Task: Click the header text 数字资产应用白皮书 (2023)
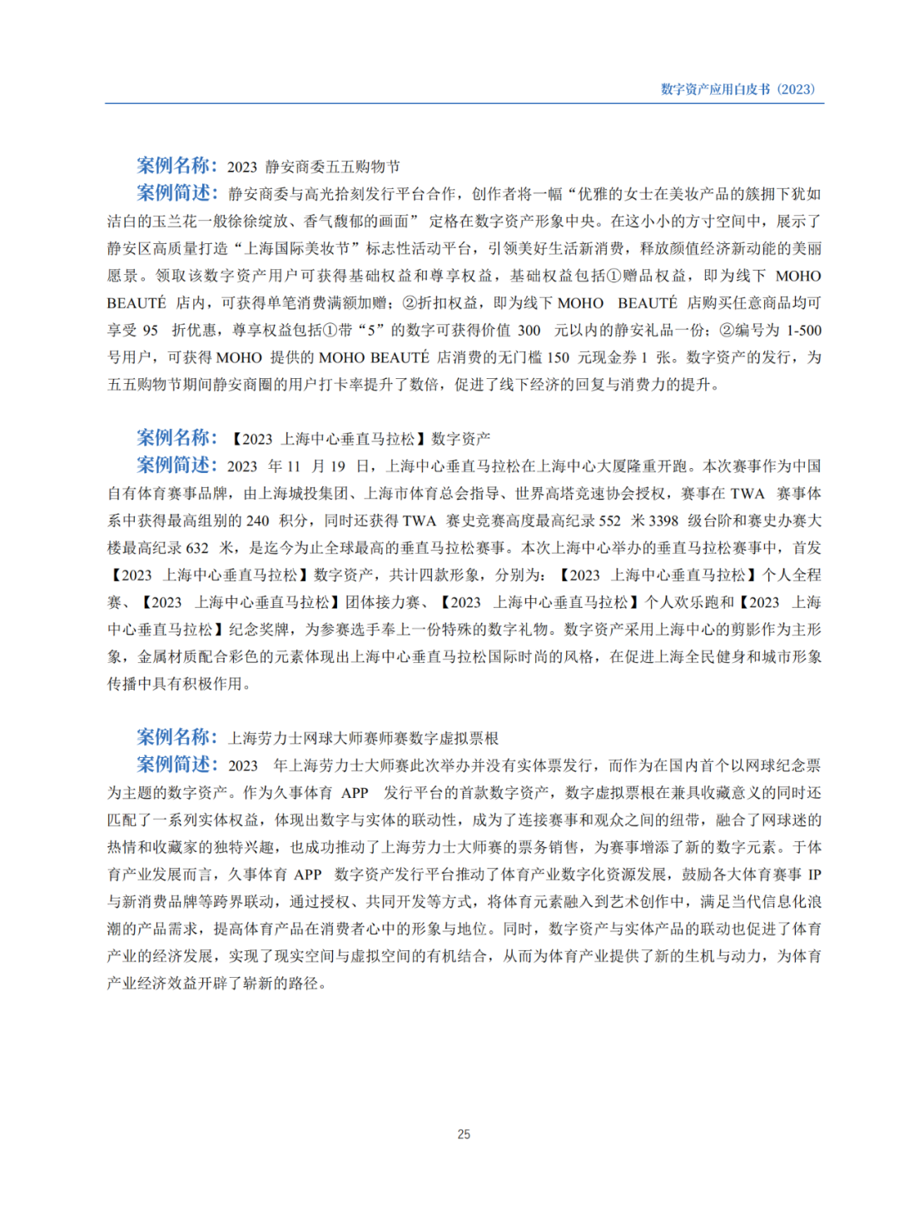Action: (738, 89)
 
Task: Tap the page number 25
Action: (464, 1134)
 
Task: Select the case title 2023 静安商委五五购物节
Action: (313, 167)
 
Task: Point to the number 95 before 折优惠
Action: (150, 330)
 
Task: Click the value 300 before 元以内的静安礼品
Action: (529, 330)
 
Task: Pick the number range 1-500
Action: (804, 330)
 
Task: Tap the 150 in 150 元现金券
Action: (558, 357)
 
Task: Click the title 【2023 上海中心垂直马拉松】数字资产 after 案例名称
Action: (359, 439)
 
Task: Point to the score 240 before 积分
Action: (257, 521)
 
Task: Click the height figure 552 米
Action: (609, 521)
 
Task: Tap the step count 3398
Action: (663, 521)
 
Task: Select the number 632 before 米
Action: (196, 548)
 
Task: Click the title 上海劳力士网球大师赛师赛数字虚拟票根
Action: (363, 738)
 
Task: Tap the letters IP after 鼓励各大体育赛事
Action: (814, 875)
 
